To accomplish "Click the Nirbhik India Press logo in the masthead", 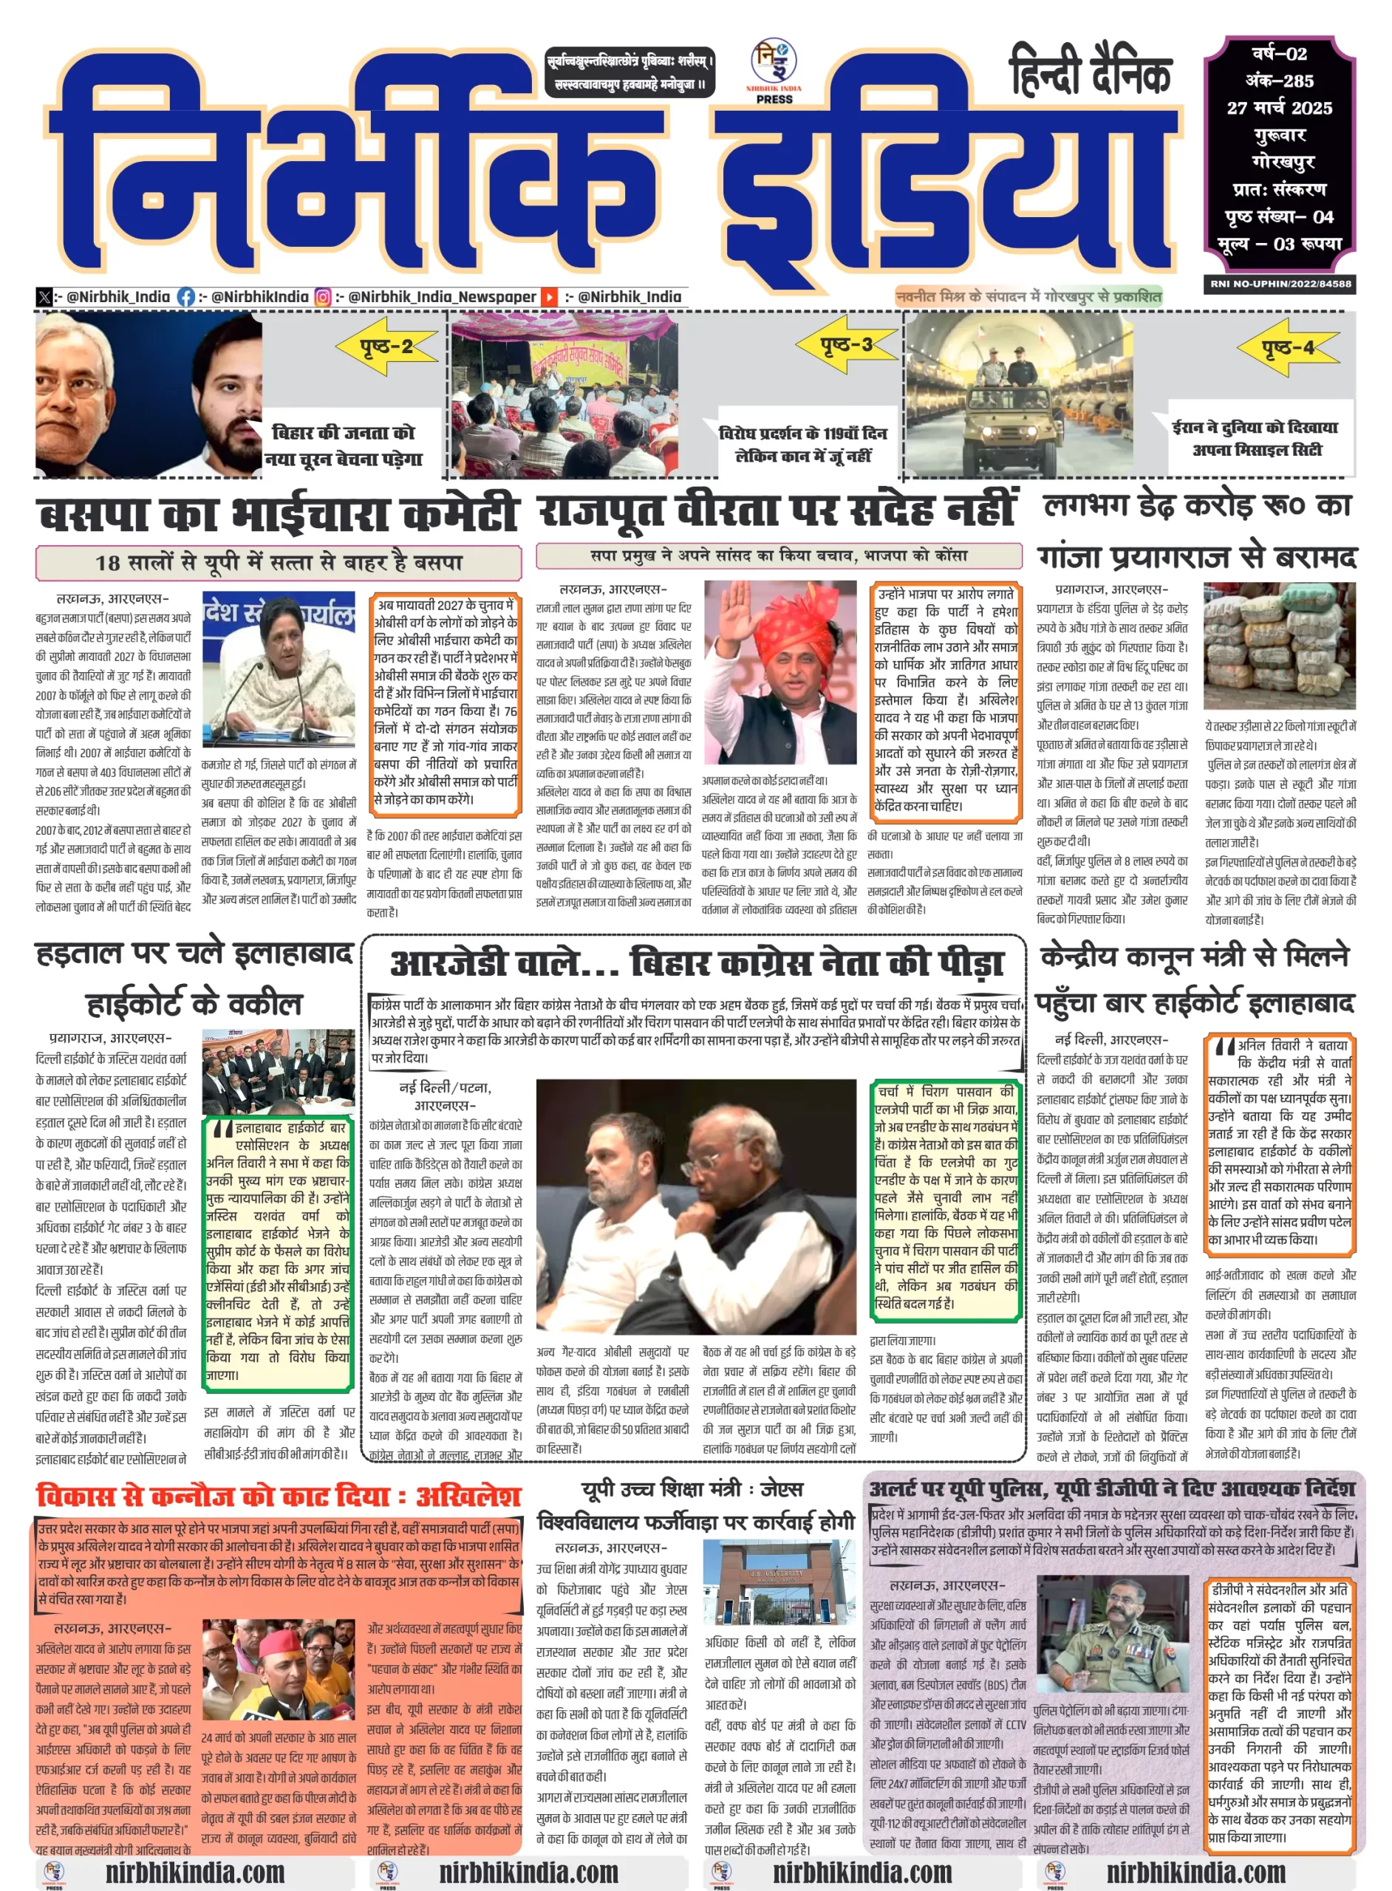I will point(774,72).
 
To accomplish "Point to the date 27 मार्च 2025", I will point(1279,108).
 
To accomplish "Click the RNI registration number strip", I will point(1280,284).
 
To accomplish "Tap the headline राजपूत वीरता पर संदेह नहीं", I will point(777,510).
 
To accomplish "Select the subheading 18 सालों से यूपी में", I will point(278,562).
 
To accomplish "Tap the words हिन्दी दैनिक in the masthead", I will point(1091,72).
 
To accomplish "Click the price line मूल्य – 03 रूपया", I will point(1279,245).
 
